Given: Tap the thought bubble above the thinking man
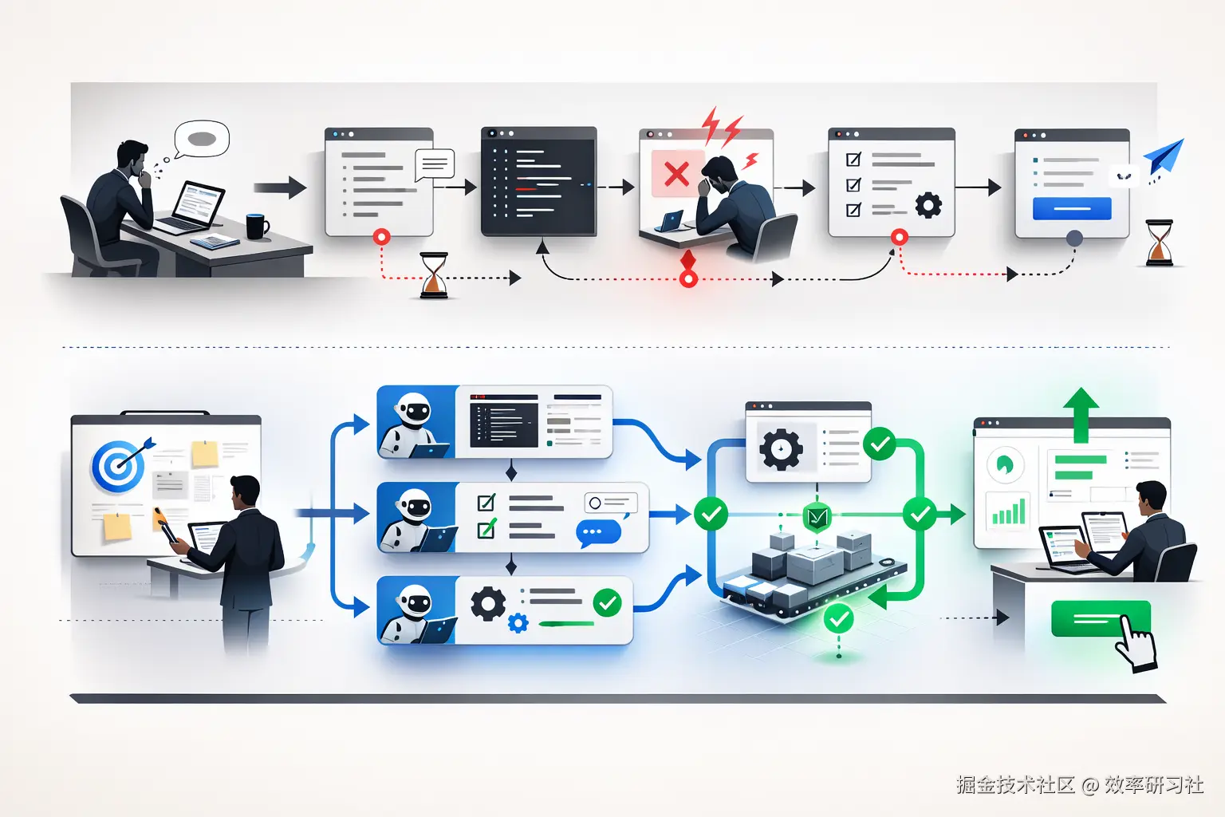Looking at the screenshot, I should click(x=202, y=139).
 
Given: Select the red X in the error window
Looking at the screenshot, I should click(x=676, y=173).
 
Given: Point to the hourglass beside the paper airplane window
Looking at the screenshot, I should click(x=1159, y=243).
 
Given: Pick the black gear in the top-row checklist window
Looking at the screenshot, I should click(x=928, y=205).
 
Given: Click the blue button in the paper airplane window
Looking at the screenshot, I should click(x=1072, y=208).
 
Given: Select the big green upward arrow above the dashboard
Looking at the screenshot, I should click(x=1081, y=413).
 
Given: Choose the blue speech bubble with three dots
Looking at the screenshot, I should click(x=597, y=532).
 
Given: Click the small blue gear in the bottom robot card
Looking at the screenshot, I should click(x=518, y=622).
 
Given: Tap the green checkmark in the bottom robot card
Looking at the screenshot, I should click(x=608, y=602).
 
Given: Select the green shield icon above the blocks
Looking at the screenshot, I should click(x=817, y=517).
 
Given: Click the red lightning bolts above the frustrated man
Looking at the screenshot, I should click(x=721, y=127).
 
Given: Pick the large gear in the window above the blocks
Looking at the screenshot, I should click(x=781, y=448).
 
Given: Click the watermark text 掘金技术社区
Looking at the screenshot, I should click(x=1014, y=785).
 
